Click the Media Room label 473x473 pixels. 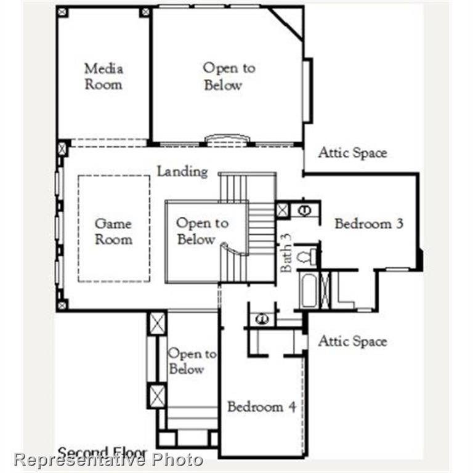pyautogui.click(x=103, y=76)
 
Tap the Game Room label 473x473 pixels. pyautogui.click(x=113, y=232)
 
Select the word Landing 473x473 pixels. pyautogui.click(x=182, y=171)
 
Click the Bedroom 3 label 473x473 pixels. pyautogui.click(x=368, y=224)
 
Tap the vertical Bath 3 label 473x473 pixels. pyautogui.click(x=286, y=253)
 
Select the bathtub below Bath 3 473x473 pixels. pyautogui.click(x=308, y=290)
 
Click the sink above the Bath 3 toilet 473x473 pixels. pyautogui.click(x=304, y=210)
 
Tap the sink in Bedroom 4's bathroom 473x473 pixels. pyautogui.click(x=262, y=319)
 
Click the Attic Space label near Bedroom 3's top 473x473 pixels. pyautogui.click(x=352, y=153)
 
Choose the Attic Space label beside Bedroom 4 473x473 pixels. pyautogui.click(x=352, y=341)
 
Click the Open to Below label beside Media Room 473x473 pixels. pyautogui.click(x=228, y=76)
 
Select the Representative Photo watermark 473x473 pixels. pyautogui.click(x=108, y=459)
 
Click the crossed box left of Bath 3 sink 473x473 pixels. pyautogui.click(x=283, y=210)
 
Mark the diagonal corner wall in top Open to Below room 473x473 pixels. pyautogui.click(x=286, y=24)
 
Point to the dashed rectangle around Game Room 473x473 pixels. pyautogui.click(x=78, y=228)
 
